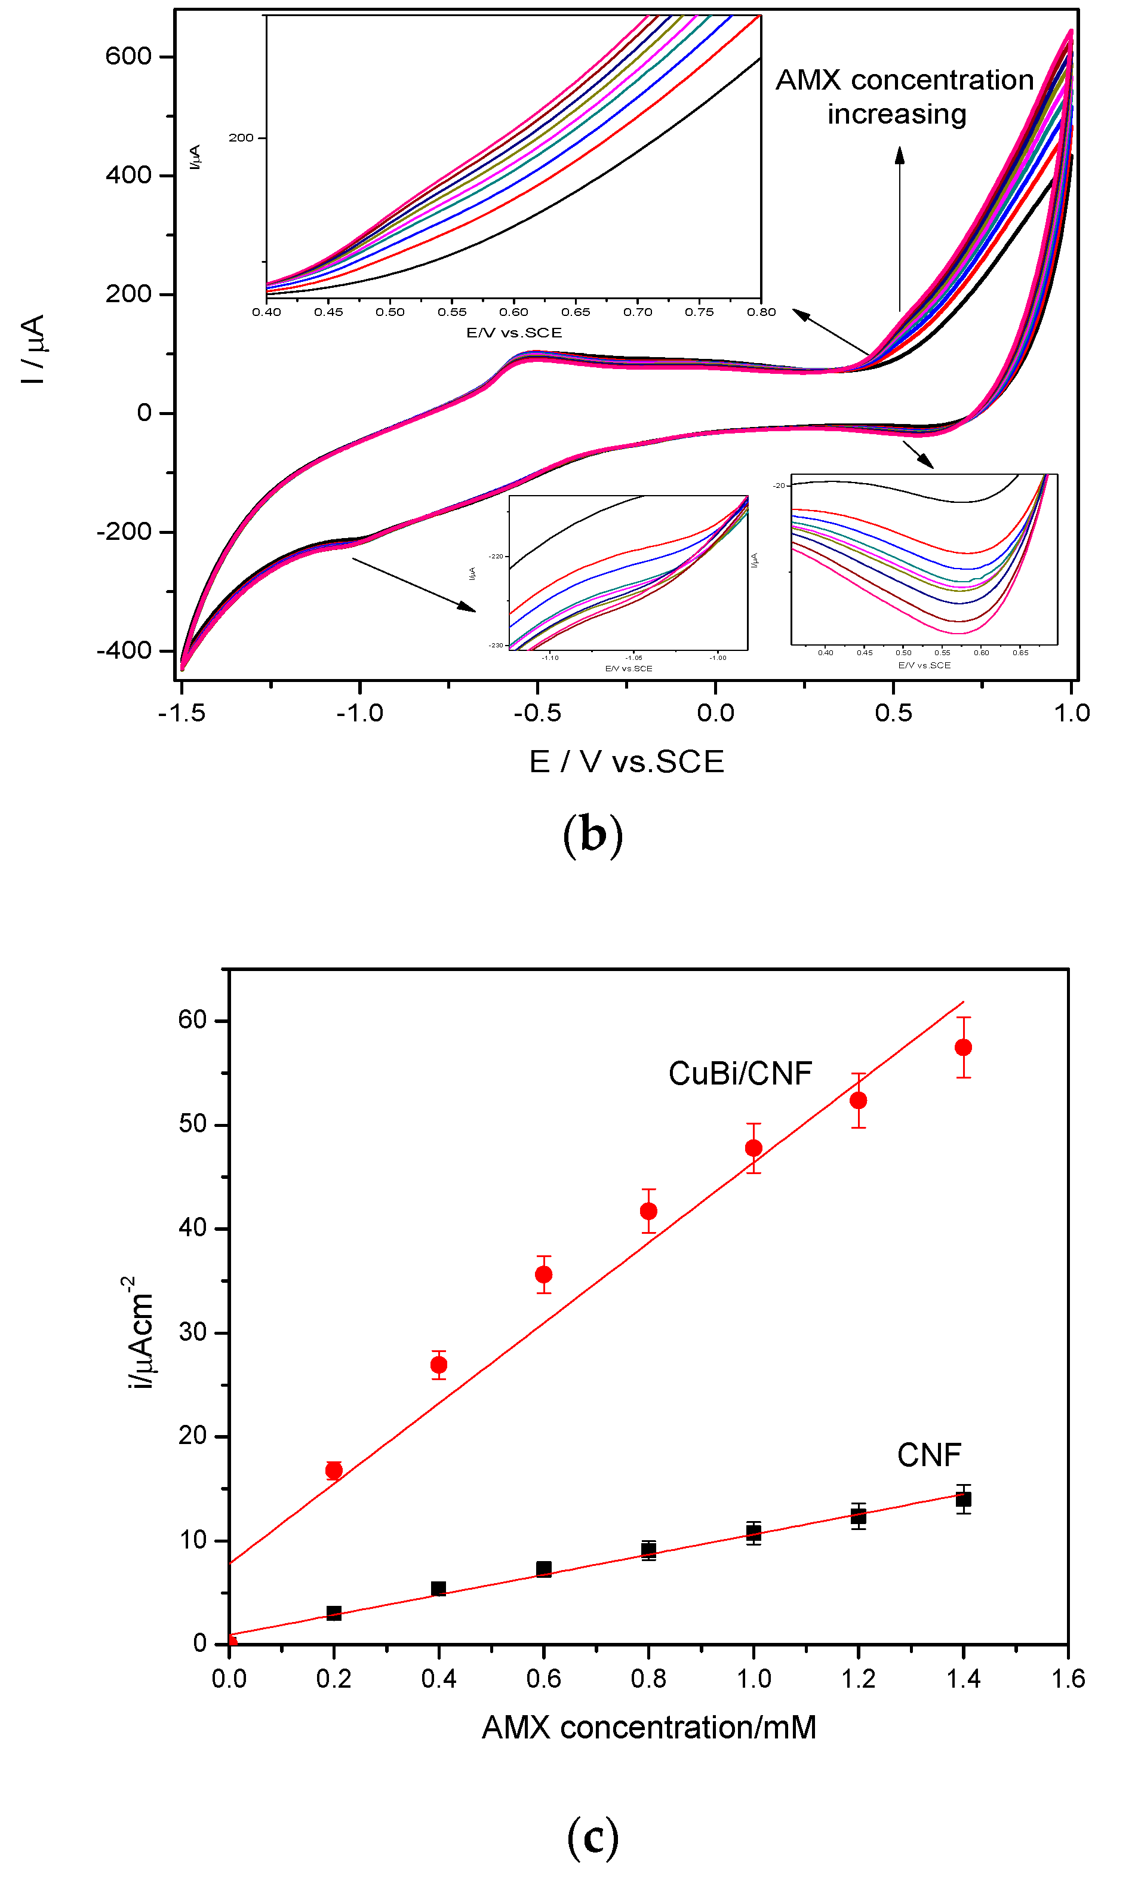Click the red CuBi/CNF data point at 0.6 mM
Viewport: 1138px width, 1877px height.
[x=543, y=1274]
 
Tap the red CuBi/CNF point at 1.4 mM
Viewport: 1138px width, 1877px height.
[x=963, y=1047]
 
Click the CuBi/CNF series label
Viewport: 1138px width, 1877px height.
[x=740, y=1073]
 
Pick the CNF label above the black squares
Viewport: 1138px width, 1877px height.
[x=928, y=1455]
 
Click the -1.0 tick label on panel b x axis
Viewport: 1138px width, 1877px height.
[x=359, y=713]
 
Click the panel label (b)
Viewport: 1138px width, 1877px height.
[x=593, y=835]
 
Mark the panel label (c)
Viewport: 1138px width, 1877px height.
[x=593, y=1838]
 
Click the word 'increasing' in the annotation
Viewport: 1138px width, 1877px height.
[x=897, y=114]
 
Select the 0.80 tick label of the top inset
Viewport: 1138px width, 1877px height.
[x=761, y=312]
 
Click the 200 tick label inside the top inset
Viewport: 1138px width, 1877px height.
[x=241, y=138]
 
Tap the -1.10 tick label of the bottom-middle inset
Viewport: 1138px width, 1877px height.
[x=550, y=658]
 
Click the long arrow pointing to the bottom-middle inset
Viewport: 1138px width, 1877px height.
[x=414, y=584]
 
